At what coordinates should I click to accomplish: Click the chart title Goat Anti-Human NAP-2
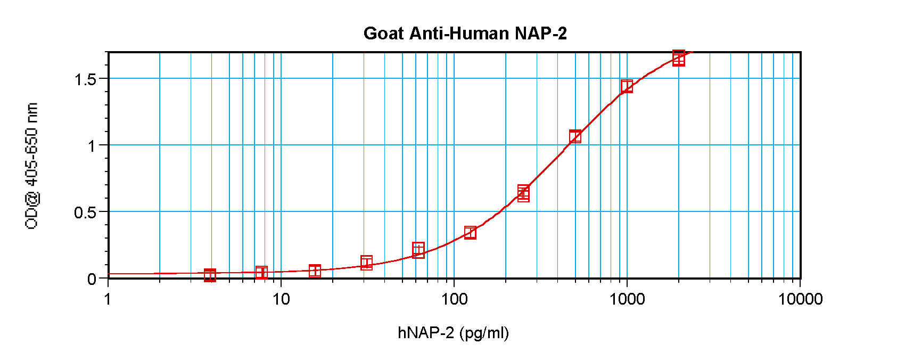point(465,34)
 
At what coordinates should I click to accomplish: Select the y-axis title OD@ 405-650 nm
point(32,166)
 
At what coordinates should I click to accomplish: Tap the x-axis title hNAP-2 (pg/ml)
point(453,333)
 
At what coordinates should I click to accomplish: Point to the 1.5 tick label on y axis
point(85,79)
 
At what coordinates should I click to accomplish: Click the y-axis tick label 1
point(92,145)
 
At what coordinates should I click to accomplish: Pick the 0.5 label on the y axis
point(85,212)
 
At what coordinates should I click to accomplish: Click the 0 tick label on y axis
point(92,279)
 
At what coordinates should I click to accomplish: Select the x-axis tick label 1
point(108,299)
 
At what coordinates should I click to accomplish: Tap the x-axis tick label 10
point(281,299)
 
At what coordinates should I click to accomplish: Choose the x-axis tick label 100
point(454,299)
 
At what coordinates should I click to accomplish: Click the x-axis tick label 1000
point(627,299)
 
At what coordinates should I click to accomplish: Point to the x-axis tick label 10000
point(800,299)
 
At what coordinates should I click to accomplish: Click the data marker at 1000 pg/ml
point(627,86)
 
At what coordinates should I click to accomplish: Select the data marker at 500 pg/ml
point(575,136)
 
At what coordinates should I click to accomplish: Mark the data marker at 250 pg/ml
point(523,193)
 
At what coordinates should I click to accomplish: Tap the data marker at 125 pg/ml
point(470,232)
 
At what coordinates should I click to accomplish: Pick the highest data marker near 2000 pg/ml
point(678,58)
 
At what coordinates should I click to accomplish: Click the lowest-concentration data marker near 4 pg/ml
point(210,275)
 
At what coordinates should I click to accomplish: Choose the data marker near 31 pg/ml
point(366,263)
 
